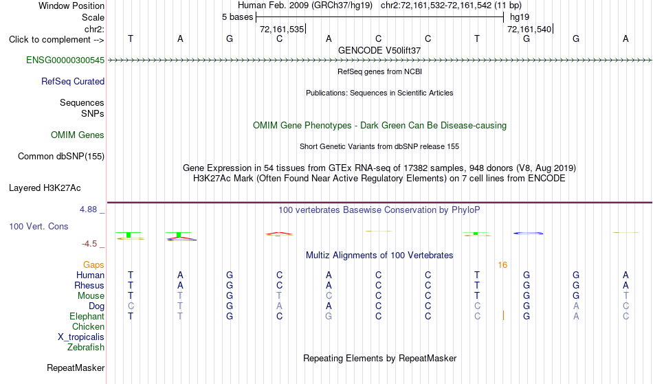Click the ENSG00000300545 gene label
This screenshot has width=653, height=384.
65,60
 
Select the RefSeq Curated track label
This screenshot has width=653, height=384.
72,82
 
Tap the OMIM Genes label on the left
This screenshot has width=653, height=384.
77,135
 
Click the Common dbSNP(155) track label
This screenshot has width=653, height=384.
60,157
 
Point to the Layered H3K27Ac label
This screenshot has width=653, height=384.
45,188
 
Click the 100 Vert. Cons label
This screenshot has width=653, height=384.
38,226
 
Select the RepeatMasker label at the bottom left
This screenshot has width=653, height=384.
76,368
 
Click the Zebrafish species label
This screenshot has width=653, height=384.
86,348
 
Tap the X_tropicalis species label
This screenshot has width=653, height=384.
81,337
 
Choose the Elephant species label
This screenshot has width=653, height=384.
87,317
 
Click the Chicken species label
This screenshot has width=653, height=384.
88,327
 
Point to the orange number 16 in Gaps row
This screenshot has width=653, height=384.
502,265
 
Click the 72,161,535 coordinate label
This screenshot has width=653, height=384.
282,30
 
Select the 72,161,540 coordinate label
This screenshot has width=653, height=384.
529,30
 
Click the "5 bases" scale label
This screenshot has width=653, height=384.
237,17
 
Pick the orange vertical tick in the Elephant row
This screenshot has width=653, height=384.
503,315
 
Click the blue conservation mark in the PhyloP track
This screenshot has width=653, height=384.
528,233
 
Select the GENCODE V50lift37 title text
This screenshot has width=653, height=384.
379,50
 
